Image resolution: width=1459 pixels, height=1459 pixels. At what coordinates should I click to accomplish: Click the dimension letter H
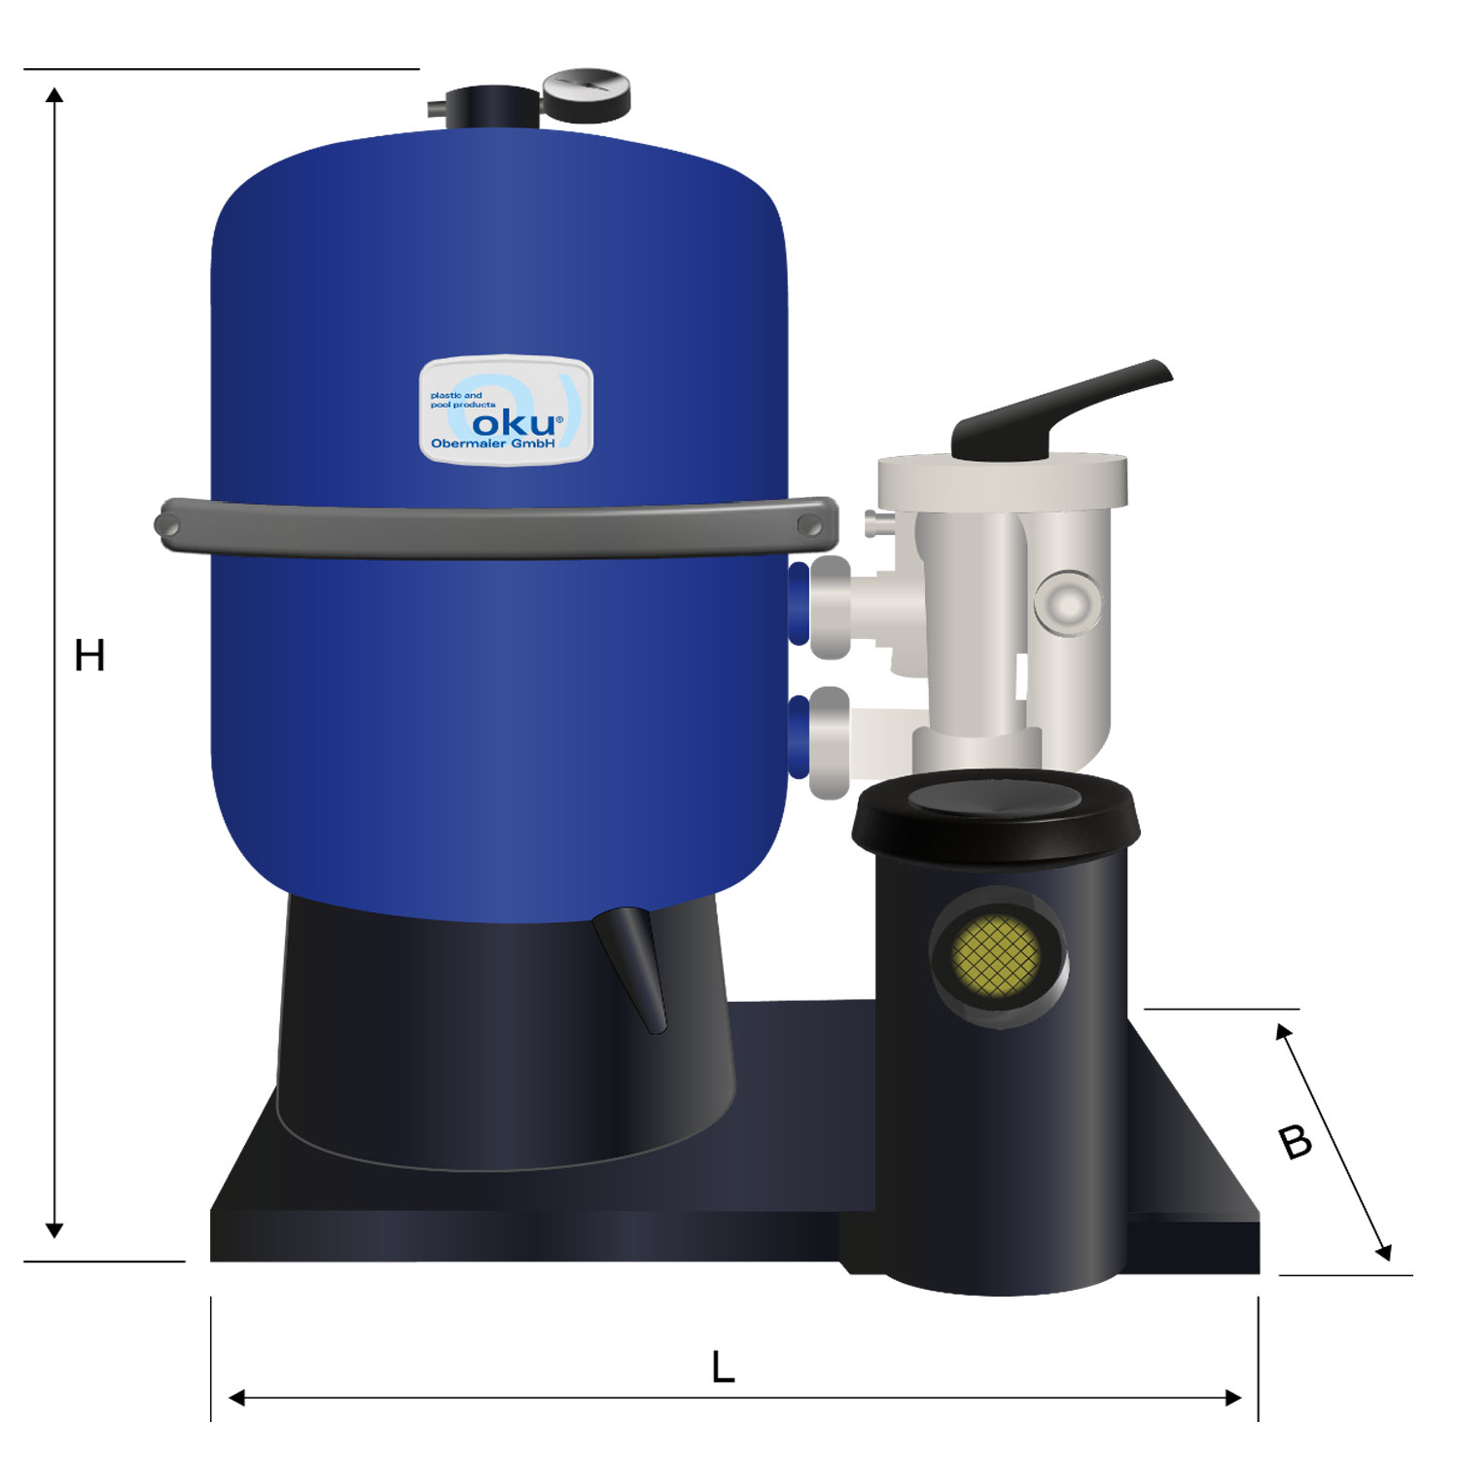[x=89, y=656]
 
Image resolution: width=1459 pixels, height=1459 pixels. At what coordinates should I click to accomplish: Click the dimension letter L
[x=723, y=1368]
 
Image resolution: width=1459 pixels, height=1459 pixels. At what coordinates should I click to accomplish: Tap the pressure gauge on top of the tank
[x=587, y=94]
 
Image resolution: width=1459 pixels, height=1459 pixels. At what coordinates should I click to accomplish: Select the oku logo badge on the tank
[x=506, y=409]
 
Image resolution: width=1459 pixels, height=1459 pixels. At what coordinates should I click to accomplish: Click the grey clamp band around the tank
[x=496, y=528]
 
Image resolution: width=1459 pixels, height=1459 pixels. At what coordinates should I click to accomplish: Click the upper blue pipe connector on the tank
[x=799, y=603]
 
